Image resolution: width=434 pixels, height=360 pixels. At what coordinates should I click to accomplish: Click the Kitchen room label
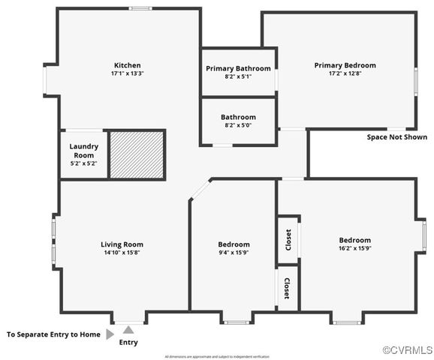coord(127,65)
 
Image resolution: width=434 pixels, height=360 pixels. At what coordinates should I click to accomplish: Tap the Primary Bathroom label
coord(238,68)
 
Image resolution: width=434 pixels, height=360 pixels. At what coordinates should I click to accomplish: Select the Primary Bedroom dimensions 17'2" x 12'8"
coord(345,74)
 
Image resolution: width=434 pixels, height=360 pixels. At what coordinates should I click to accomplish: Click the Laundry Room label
coord(84,150)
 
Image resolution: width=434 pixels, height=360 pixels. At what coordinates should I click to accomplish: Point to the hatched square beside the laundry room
coord(137,154)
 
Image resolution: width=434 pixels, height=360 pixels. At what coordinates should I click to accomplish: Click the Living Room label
coord(122,244)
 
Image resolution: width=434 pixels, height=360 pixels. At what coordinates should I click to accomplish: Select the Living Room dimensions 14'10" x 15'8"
coord(122,253)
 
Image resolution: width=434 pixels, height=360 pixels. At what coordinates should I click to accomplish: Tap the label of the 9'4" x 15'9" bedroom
coord(234,244)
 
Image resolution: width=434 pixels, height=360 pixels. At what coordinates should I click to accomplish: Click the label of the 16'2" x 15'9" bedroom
coord(354,240)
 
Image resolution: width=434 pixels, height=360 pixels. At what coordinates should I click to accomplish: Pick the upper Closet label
coord(288,241)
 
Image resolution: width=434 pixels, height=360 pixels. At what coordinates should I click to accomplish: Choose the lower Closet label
coord(287,288)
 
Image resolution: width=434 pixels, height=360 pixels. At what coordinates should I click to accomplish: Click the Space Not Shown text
coord(396,137)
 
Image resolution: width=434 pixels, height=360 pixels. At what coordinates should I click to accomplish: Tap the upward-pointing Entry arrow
coord(129,329)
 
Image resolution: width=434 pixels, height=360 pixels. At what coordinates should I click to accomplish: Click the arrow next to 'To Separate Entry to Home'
coord(110,334)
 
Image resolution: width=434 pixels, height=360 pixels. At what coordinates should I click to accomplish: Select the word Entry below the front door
coord(128,343)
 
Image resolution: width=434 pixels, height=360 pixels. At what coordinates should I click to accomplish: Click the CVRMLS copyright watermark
coord(407,350)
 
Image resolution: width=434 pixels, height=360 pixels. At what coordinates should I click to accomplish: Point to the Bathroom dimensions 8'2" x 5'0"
coord(238,126)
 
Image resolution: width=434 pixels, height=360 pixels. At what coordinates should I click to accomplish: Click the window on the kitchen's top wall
coord(140,8)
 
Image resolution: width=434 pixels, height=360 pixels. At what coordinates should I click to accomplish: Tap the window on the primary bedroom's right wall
coord(415,80)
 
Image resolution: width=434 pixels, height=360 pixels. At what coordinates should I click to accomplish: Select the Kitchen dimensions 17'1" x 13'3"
coord(127,74)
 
